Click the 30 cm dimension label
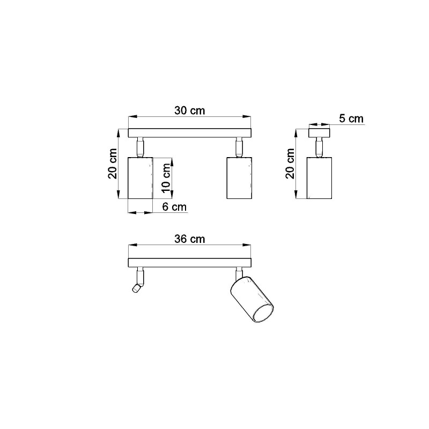tap(190, 110)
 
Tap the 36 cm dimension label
tap(190, 239)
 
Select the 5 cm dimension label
tap(351, 119)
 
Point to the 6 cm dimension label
tap(174, 207)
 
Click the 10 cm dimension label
tap(166, 178)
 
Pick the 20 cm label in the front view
tap(113, 164)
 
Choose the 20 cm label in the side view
tap(290, 164)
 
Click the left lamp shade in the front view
tap(140, 178)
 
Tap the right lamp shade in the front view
tap(239, 178)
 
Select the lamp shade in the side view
tap(319, 178)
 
